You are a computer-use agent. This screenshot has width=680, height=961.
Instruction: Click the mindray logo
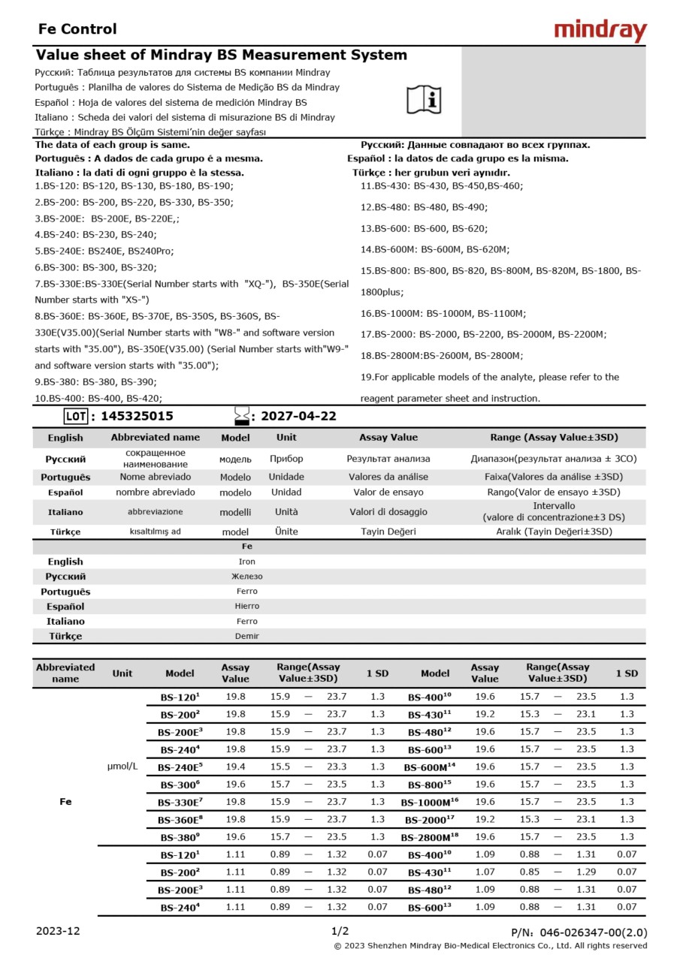[600, 30]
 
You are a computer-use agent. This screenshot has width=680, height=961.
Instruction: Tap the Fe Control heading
[77, 29]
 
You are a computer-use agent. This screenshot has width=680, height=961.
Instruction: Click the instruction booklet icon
[424, 98]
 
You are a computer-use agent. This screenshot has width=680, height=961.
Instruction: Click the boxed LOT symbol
[76, 416]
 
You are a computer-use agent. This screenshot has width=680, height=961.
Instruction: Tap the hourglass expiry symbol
[241, 415]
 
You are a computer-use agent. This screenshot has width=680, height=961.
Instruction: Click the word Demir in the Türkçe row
[246, 636]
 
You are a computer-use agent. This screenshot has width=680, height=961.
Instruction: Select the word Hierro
[246, 606]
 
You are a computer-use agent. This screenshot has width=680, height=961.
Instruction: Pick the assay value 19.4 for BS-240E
[235, 767]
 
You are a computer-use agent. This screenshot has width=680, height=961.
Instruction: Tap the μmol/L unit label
[122, 767]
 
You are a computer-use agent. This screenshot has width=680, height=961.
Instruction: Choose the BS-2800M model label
[429, 837]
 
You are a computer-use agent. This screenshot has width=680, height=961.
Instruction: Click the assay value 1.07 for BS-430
[485, 872]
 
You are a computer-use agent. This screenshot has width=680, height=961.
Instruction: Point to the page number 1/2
[340, 931]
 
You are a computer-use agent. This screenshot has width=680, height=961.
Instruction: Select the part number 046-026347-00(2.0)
[593, 932]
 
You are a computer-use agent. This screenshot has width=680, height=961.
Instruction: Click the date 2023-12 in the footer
[58, 931]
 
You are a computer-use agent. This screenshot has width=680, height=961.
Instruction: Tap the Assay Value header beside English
[388, 437]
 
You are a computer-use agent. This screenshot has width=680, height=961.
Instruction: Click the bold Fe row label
[65, 802]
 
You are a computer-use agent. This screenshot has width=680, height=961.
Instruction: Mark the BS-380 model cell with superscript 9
[180, 837]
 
